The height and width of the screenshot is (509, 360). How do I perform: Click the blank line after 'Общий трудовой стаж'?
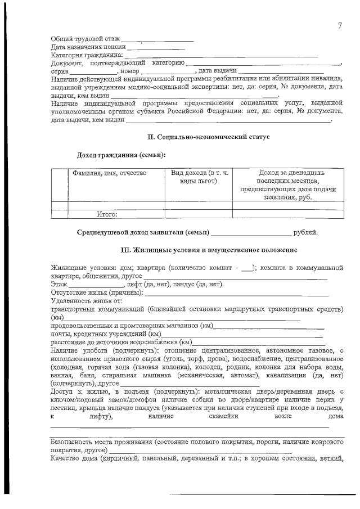tap(157, 40)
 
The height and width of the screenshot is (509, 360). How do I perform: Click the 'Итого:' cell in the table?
tap(107, 214)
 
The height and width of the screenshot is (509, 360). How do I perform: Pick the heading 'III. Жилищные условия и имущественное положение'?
tap(209, 249)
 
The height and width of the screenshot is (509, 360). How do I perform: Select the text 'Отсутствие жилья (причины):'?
tap(97, 293)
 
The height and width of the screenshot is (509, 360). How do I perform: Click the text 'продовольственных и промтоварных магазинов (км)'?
tap(131, 326)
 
